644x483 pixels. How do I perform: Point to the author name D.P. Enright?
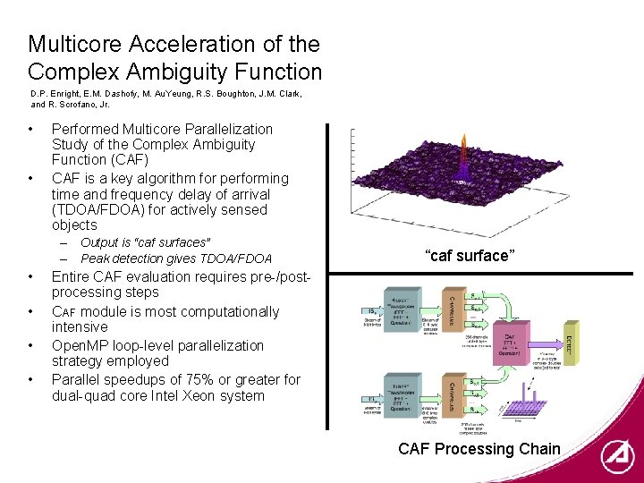tap(55, 93)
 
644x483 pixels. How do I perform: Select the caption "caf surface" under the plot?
tap(470, 257)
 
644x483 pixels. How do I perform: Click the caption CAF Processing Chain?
tap(479, 449)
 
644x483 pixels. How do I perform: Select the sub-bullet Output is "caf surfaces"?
tap(145, 242)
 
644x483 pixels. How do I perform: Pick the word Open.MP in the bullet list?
tap(80, 345)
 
